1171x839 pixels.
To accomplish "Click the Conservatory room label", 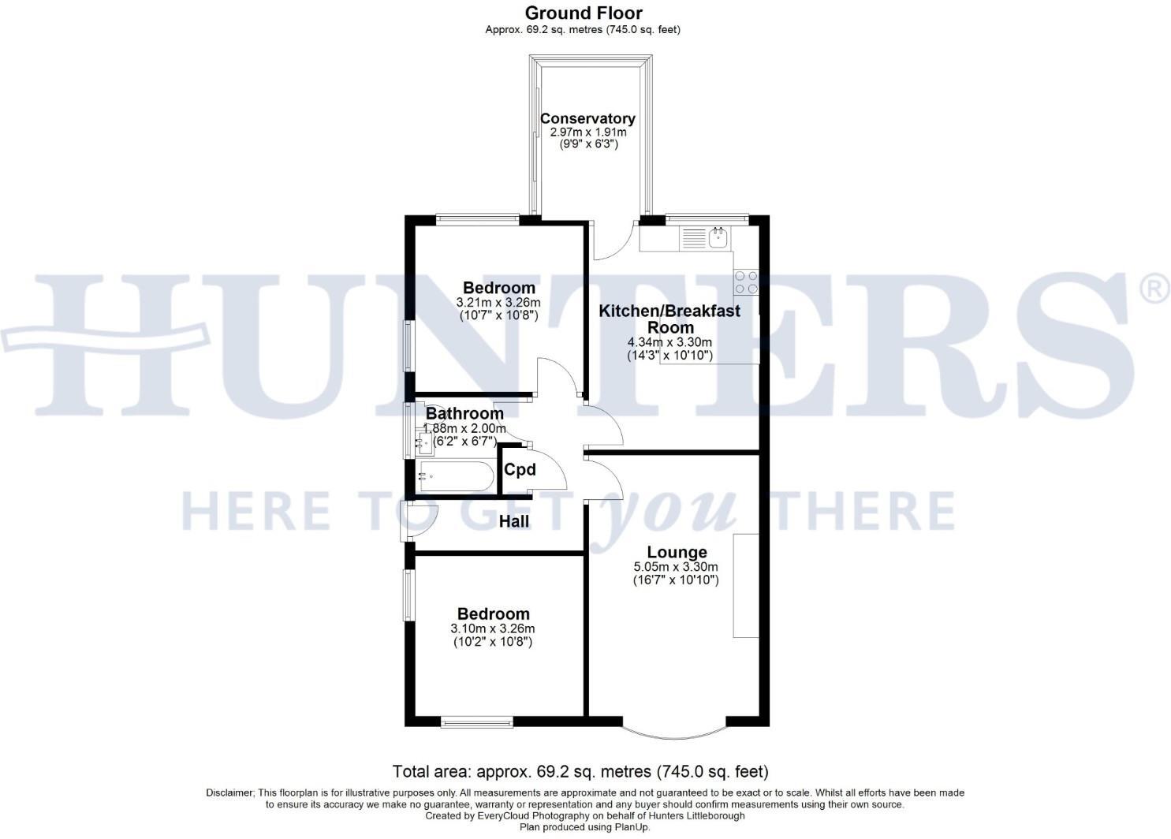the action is [587, 118].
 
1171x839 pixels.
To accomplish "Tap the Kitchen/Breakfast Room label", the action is [669, 319].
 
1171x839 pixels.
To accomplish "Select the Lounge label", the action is [677, 552].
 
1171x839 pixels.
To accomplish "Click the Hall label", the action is [514, 521].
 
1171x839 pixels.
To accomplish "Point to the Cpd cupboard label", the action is [520, 469].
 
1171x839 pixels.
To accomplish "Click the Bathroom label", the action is [464, 413].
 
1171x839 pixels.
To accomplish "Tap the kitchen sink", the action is [719, 238].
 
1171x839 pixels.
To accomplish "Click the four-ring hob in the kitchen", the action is [746, 282].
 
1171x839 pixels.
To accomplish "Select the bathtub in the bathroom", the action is [456, 475].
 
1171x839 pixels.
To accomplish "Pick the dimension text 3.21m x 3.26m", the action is [498, 303].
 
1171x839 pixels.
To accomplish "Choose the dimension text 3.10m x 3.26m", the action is [492, 628].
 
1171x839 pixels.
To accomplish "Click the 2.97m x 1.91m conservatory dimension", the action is [588, 132].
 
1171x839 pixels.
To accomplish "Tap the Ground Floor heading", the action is [584, 13].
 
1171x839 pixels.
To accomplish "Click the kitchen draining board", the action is [693, 238].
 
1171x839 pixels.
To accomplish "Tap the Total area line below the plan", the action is [580, 771].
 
